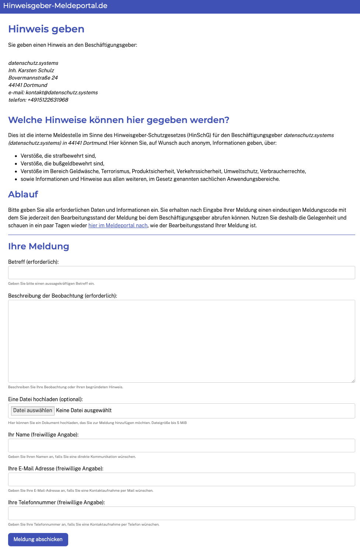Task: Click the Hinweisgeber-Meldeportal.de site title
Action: click(55, 6)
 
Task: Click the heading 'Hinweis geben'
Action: click(46, 29)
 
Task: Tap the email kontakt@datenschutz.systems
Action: click(62, 92)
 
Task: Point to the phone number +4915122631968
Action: click(48, 100)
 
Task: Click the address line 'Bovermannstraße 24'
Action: click(33, 78)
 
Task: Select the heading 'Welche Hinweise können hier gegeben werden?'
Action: click(119, 120)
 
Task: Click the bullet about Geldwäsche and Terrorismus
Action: click(163, 171)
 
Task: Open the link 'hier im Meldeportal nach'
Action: click(118, 225)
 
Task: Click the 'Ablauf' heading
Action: click(23, 194)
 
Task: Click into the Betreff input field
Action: click(181, 273)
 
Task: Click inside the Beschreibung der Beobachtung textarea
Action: click(181, 341)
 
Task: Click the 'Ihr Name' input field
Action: click(181, 445)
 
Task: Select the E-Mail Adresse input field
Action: click(181, 479)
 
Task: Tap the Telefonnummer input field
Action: click(181, 513)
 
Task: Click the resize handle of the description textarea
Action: click(353, 381)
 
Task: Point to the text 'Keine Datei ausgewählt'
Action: click(84, 410)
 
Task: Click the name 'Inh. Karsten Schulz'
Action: click(31, 70)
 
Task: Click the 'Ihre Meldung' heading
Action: click(39, 246)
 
